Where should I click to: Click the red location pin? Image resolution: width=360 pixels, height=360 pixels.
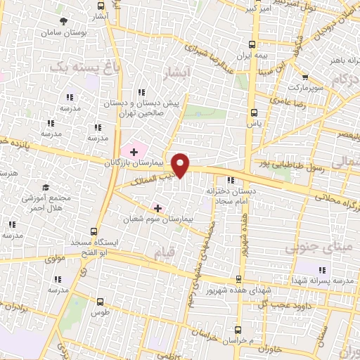point(181,165)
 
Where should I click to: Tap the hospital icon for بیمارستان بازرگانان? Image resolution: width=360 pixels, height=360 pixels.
point(134,151)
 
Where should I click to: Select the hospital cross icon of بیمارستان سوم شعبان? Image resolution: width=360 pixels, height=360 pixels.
point(157,208)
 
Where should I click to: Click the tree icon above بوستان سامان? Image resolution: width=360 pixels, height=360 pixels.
point(63,21)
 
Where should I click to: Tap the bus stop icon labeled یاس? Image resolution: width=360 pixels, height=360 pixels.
point(253,112)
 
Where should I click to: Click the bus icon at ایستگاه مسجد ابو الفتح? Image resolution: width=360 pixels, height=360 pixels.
point(94,231)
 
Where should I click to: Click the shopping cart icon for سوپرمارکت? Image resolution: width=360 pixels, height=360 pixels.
point(305,79)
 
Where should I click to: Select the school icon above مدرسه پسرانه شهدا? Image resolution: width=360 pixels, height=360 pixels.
point(323,270)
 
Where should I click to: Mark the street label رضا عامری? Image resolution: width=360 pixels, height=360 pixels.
point(288,103)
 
